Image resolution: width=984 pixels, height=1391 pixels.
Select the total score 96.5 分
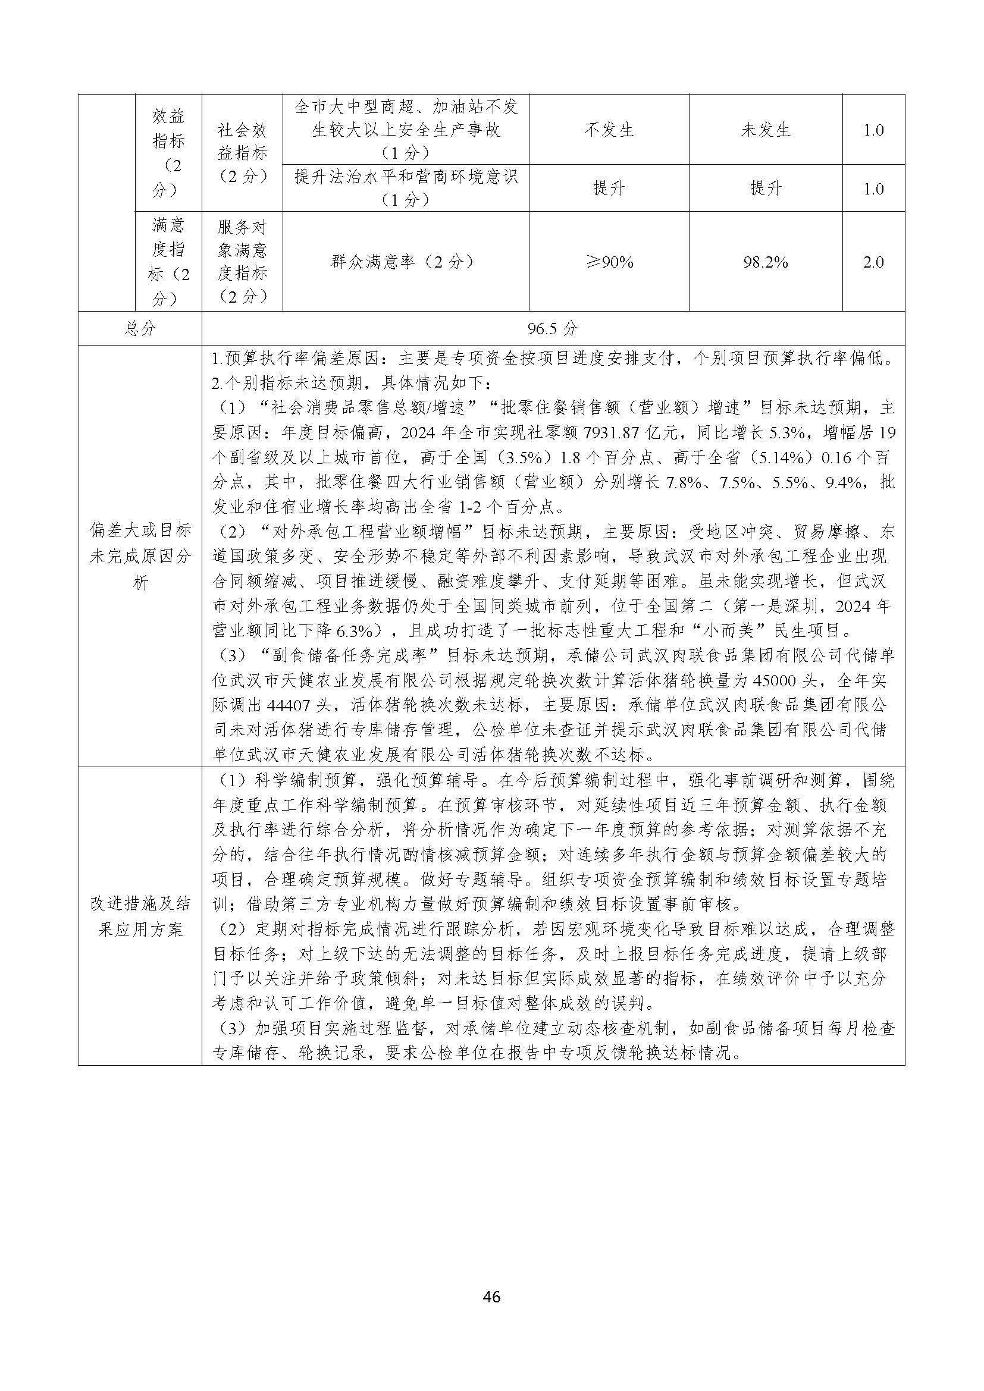click(x=553, y=329)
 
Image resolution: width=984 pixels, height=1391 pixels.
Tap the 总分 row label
click(x=140, y=329)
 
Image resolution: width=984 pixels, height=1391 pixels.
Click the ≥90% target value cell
click(x=609, y=262)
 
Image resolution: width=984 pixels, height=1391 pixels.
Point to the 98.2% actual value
click(x=765, y=262)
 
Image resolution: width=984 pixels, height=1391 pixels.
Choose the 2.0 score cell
click(x=873, y=262)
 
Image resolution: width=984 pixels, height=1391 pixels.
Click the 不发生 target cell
click(x=609, y=130)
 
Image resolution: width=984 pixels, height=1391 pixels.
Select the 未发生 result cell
click(x=765, y=130)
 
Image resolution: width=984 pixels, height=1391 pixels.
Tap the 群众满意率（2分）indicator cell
click(x=405, y=262)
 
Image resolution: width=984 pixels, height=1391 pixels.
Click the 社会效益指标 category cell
click(x=242, y=153)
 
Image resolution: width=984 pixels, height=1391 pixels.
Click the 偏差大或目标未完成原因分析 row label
click(x=140, y=556)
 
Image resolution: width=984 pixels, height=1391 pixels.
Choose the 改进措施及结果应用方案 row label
click(x=140, y=916)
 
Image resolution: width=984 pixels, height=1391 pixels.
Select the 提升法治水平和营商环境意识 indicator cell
click(x=405, y=188)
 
